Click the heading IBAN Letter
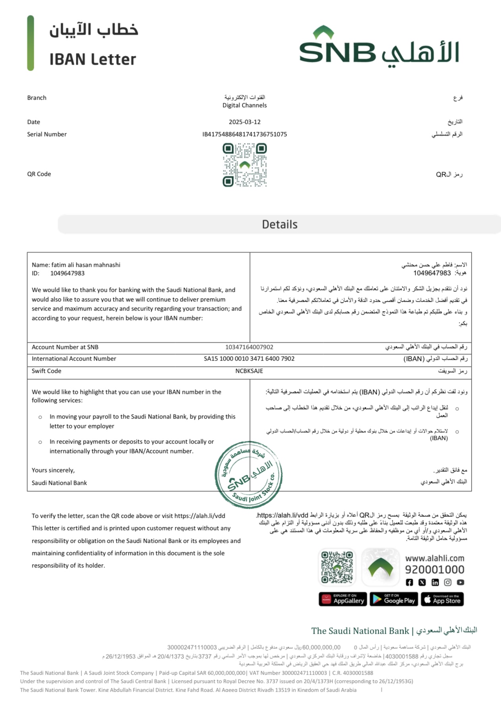(93, 60)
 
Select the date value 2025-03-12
(244, 122)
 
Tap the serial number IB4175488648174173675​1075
(244, 134)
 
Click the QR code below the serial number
(244, 165)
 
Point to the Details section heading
(279, 224)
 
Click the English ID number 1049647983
(67, 273)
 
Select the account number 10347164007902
(249, 347)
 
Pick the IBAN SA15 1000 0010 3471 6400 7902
(249, 359)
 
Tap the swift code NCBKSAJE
(249, 371)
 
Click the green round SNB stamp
(249, 475)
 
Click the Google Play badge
(393, 599)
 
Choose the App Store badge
(442, 599)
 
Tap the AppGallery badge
(342, 599)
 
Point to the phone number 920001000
(434, 569)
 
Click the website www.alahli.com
(434, 558)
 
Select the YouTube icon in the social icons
(460, 582)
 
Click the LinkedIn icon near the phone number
(435, 582)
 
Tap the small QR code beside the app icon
(337, 567)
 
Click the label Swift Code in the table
(46, 371)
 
